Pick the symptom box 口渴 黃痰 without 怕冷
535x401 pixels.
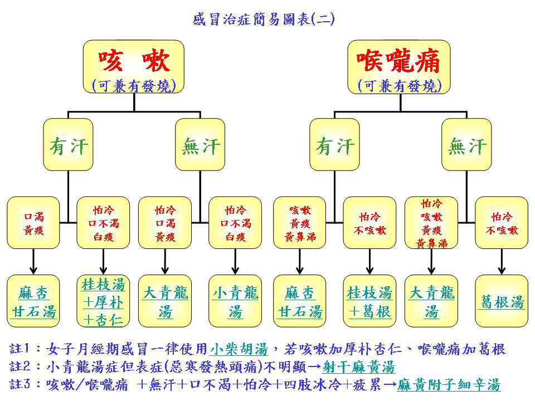(x=33, y=223)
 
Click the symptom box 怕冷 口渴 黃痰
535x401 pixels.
(x=164, y=223)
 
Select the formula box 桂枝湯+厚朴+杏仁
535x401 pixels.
(x=103, y=301)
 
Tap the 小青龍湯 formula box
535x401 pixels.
(x=235, y=301)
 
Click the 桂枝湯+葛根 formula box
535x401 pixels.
(x=369, y=301)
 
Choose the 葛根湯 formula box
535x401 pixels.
(x=502, y=301)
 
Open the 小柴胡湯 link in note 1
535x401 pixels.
(x=239, y=350)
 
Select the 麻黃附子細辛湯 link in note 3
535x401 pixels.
(x=449, y=385)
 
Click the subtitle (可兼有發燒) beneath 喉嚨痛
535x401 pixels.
(x=399, y=85)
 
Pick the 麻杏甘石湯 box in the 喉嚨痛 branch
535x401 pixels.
(x=300, y=301)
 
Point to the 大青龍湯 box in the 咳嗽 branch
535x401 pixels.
(x=164, y=301)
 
